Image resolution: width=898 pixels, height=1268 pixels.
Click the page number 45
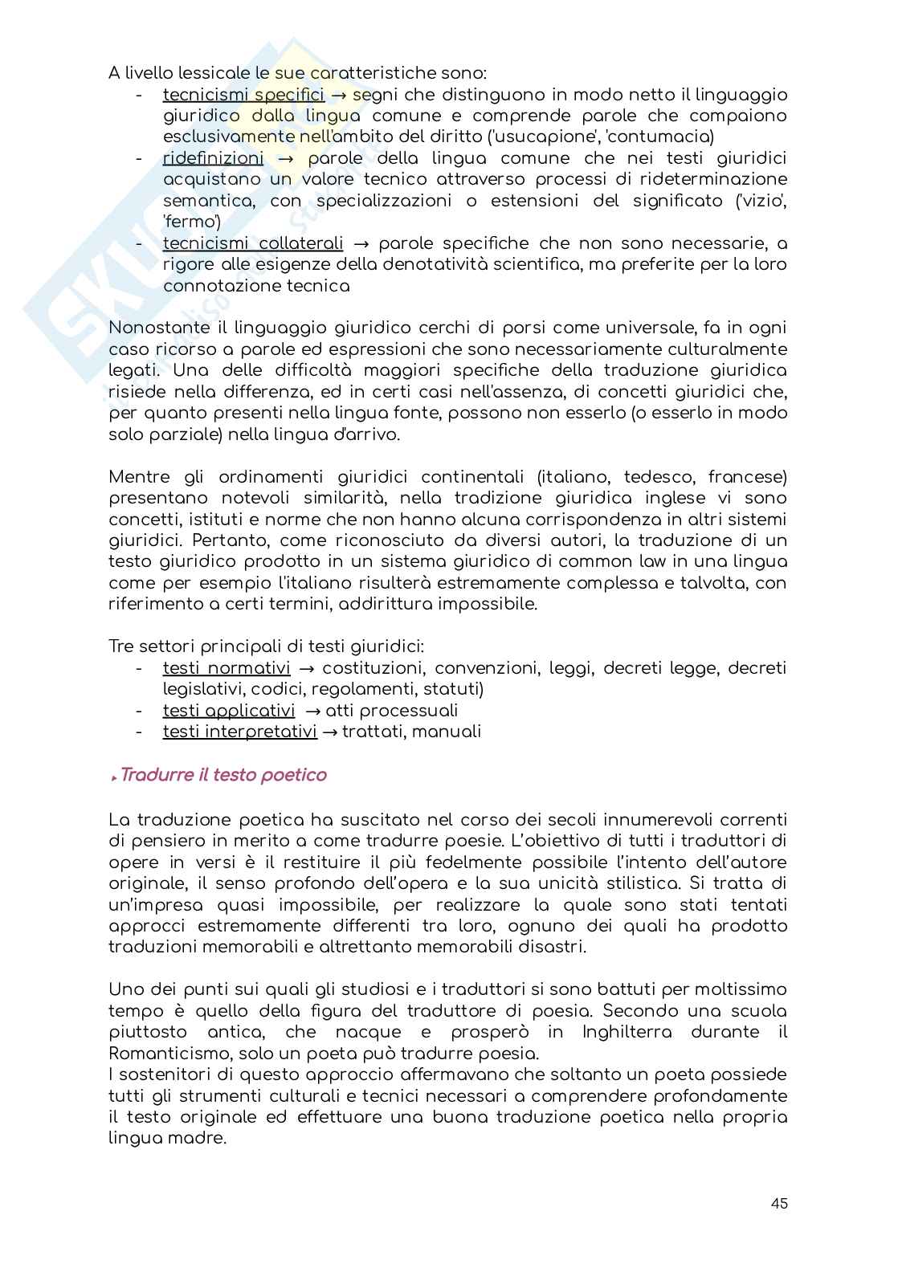coord(778,1203)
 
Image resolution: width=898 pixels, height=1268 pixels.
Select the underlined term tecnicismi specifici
coord(243,95)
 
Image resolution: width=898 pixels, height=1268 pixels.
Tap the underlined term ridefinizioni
coord(213,158)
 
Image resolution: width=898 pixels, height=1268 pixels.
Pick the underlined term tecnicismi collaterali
coord(253,243)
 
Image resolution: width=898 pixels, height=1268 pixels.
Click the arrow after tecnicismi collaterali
coord(361,243)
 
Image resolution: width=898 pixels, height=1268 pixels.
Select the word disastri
coord(552,947)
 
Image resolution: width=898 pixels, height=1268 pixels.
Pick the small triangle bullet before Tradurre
coord(115,777)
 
